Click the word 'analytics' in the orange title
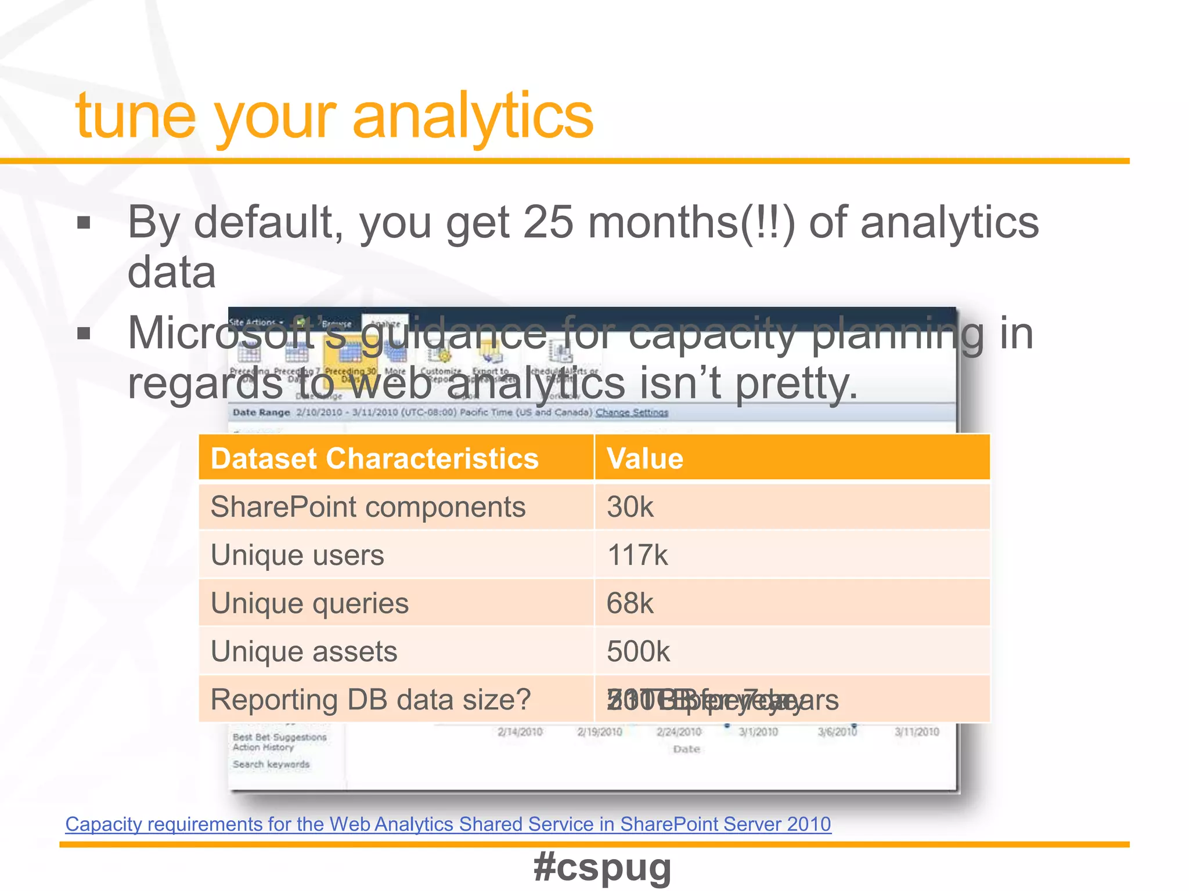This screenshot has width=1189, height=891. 473,116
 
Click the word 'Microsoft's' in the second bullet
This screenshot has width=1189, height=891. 221,334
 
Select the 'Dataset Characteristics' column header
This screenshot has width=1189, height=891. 374,458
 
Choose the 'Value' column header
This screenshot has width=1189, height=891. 645,458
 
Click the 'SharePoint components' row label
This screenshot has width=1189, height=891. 368,507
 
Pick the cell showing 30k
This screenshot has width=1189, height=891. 630,507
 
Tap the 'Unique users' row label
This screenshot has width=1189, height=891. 297,555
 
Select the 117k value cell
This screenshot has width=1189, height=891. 637,555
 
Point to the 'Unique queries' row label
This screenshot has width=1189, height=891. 309,603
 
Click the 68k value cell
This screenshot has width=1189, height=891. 630,603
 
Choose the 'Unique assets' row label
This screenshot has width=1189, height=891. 304,651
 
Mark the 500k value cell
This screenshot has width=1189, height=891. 638,651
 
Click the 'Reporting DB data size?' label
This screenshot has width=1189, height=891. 370,700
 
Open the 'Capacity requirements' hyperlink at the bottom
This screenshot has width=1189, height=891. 448,824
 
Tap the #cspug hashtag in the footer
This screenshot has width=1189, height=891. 602,867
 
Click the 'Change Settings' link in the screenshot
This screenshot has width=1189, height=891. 632,412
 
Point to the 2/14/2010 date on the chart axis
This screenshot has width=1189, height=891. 520,732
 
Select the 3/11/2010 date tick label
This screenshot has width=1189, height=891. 917,732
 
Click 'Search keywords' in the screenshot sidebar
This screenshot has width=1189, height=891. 271,765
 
